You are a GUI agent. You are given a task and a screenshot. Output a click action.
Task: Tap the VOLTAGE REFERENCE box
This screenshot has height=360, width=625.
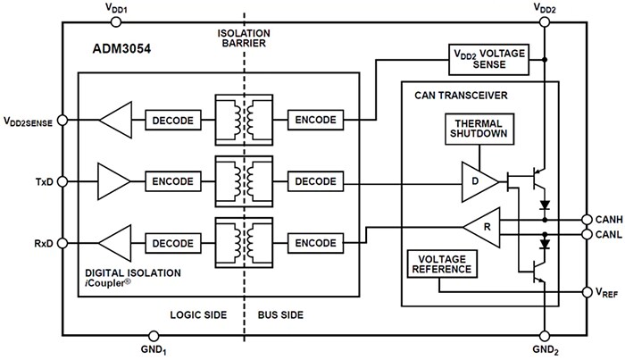click(x=440, y=264)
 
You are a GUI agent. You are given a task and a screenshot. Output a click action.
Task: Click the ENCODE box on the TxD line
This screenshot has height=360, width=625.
click(x=171, y=181)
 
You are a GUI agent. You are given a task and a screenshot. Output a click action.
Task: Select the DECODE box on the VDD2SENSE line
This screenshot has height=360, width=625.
click(x=171, y=120)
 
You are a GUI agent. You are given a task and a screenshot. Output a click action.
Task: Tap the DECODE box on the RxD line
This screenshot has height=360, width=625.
click(x=171, y=243)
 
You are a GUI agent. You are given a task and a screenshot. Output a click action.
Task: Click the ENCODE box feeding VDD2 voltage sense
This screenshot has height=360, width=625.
click(x=315, y=120)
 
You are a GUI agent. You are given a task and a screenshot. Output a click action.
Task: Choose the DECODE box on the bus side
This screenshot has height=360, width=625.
click(x=315, y=181)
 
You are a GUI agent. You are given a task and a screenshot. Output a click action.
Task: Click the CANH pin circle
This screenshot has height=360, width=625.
click(x=586, y=219)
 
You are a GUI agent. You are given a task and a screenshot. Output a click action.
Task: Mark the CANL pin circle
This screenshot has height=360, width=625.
click(x=586, y=235)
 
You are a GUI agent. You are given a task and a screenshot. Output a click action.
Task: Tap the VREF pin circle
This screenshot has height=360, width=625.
click(x=586, y=292)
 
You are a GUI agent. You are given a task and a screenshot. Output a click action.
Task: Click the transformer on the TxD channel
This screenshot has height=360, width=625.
click(x=244, y=181)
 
